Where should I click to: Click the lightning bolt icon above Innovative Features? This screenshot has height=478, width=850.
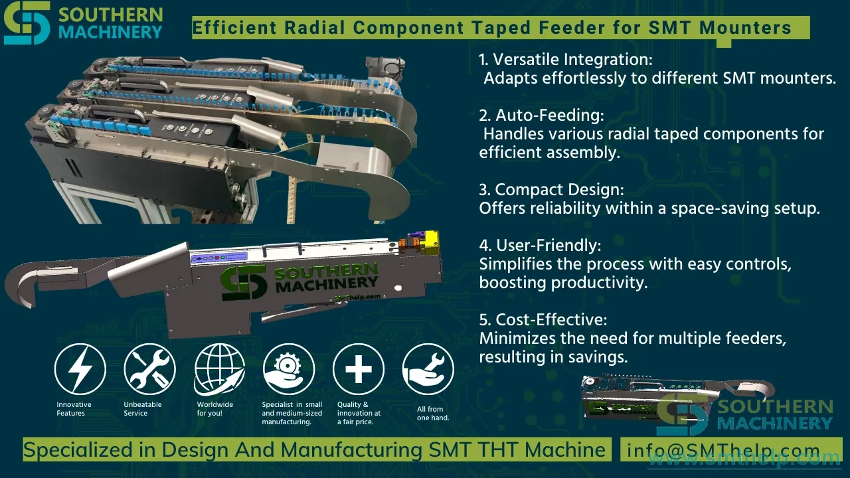pyautogui.click(x=80, y=369)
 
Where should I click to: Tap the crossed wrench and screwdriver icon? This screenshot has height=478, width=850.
pyautogui.click(x=150, y=369)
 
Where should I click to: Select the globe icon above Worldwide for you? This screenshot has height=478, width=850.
pyautogui.click(x=219, y=369)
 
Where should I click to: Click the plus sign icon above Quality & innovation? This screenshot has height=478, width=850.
pyautogui.click(x=359, y=369)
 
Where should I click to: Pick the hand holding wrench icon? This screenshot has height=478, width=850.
pyautogui.click(x=428, y=369)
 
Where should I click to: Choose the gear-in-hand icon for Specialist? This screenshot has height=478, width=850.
pyautogui.click(x=289, y=369)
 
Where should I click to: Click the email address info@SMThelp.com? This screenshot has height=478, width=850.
pyautogui.click(x=723, y=450)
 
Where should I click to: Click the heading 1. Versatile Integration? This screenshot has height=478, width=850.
pyautogui.click(x=565, y=60)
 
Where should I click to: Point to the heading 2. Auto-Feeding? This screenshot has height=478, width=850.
pyautogui.click(x=541, y=116)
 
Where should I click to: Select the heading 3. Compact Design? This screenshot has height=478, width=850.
pyautogui.click(x=551, y=190)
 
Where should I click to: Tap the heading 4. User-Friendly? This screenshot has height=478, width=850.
pyautogui.click(x=540, y=246)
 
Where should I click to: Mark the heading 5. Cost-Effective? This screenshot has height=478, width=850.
pyautogui.click(x=543, y=320)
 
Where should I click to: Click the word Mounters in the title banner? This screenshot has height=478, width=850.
pyautogui.click(x=745, y=28)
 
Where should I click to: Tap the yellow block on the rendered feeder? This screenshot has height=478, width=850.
pyautogui.click(x=432, y=239)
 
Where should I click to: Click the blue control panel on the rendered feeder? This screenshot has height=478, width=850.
pyautogui.click(x=219, y=258)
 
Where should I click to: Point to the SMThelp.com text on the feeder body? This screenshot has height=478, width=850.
pyautogui.click(x=357, y=298)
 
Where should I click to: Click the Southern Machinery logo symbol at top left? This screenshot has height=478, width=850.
pyautogui.click(x=27, y=23)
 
